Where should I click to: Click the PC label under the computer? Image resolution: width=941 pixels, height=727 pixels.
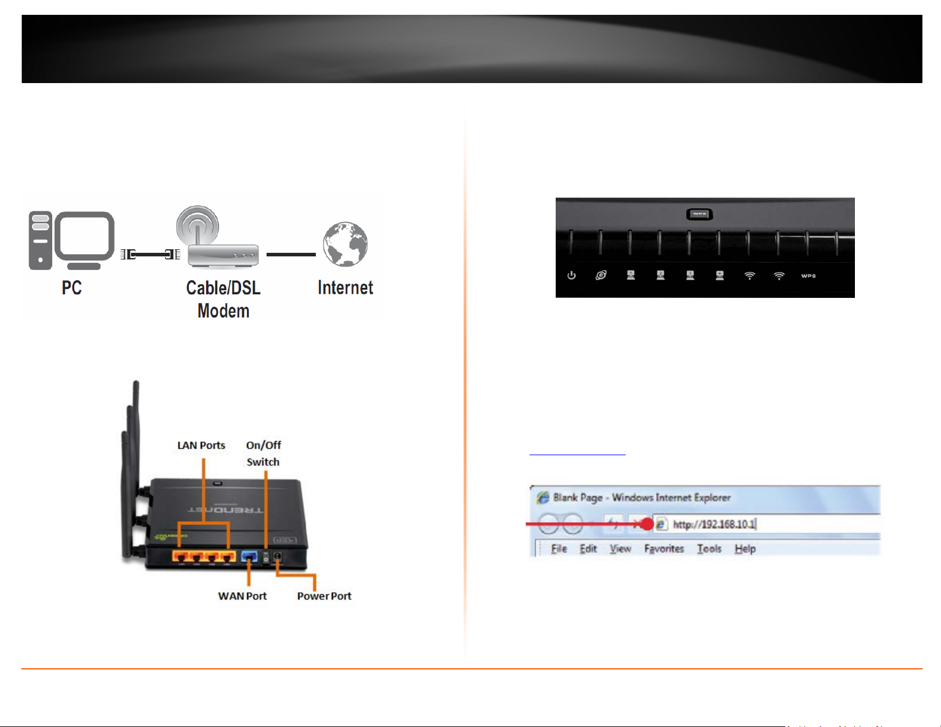click(72, 288)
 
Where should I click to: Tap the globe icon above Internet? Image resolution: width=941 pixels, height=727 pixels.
click(345, 244)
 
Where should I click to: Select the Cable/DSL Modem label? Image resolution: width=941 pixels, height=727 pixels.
click(223, 299)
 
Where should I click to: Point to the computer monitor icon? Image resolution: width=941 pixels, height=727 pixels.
click(84, 239)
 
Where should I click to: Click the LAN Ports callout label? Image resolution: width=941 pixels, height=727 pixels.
click(201, 445)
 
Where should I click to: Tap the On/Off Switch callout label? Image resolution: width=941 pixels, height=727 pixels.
click(263, 453)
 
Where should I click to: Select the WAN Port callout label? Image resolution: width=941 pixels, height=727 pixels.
click(242, 596)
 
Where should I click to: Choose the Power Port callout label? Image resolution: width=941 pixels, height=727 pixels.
click(324, 596)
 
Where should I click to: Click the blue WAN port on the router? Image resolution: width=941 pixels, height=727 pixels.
click(249, 557)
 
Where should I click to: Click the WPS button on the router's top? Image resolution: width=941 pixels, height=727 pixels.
click(699, 214)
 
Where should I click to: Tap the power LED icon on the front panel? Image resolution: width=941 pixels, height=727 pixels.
click(571, 275)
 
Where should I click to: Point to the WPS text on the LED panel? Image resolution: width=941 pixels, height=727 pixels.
click(808, 276)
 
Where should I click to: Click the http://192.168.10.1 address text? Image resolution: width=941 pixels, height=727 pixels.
click(714, 525)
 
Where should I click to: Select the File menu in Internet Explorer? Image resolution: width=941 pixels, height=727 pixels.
click(559, 549)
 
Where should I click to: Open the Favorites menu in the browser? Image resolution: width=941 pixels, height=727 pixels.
click(664, 549)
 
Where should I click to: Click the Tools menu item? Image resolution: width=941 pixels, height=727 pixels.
click(709, 549)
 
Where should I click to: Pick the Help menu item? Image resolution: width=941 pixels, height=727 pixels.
click(744, 549)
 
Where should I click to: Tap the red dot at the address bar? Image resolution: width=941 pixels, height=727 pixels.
click(647, 525)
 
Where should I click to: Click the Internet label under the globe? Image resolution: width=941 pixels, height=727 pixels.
click(345, 288)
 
